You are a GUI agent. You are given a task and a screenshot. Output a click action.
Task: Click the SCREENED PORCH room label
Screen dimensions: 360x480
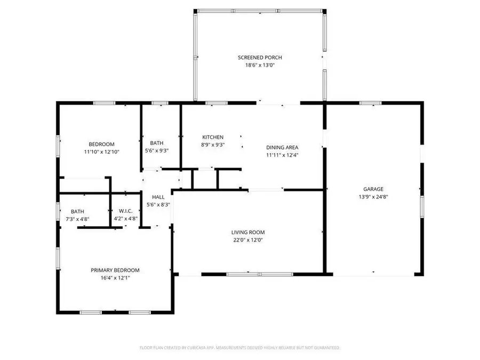pos(259,58)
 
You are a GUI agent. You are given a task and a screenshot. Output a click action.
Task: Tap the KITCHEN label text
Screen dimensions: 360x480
pos(212,137)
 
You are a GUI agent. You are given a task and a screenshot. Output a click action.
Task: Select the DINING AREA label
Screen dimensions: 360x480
pos(282,148)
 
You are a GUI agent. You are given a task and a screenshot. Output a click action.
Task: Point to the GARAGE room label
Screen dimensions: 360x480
pos(373,189)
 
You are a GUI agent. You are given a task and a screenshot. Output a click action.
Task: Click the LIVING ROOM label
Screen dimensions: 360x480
pos(247,232)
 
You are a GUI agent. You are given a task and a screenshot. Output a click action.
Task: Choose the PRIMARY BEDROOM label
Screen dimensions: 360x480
pos(115,270)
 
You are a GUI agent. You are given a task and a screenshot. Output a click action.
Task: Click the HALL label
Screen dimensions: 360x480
pos(158,197)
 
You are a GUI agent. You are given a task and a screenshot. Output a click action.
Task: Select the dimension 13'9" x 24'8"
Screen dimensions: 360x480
pos(373,197)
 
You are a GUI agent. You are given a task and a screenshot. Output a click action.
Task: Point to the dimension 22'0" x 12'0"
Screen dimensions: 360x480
pos(247,240)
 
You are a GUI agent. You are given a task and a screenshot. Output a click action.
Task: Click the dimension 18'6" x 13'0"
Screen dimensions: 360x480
pos(259,65)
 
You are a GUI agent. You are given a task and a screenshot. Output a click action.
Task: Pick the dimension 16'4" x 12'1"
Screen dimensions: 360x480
pos(115,278)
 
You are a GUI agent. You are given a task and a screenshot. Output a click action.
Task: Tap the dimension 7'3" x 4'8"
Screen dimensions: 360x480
pos(77,219)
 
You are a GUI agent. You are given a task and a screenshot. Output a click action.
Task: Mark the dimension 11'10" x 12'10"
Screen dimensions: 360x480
pos(101,151)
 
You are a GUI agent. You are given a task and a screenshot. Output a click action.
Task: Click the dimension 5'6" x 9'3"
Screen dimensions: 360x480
pos(157,151)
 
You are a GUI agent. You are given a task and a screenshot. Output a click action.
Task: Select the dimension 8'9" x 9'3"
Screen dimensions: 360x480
pos(212,145)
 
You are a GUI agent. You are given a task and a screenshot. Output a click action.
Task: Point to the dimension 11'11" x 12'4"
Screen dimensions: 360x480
pos(282,155)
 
